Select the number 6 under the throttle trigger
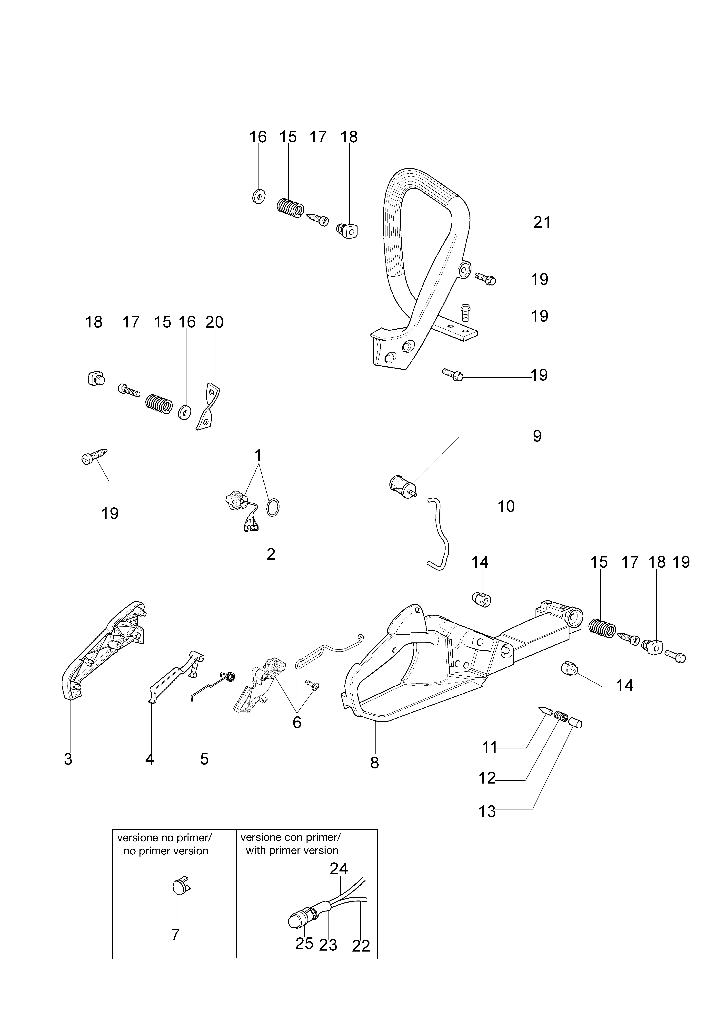297,722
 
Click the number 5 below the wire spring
204,759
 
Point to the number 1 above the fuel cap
258,455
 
